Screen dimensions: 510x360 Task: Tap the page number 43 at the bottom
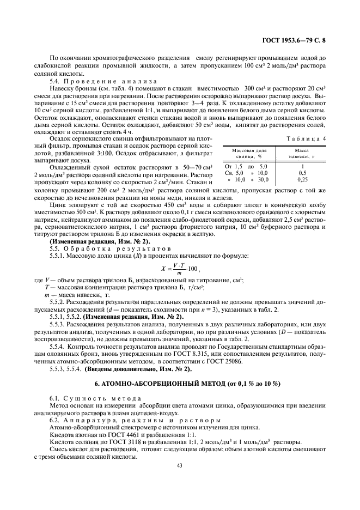[180, 465]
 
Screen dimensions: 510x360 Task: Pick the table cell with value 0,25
[303, 179]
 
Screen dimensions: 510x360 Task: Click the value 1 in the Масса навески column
[303, 166]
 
